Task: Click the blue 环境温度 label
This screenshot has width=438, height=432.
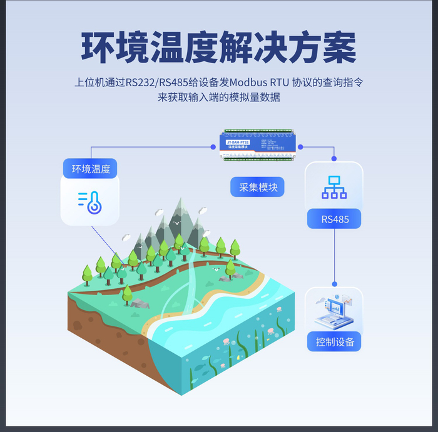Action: [91, 169]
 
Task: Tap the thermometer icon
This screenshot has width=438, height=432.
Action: [90, 202]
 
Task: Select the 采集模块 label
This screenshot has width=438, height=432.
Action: [258, 186]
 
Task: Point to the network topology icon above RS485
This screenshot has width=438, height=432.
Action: [334, 188]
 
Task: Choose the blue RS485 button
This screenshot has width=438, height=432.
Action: [334, 219]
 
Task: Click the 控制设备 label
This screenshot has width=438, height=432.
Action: [334, 342]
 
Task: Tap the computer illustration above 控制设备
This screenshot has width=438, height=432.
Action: [334, 311]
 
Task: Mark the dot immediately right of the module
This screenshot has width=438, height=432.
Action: [300, 148]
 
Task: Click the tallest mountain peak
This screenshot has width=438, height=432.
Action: [180, 203]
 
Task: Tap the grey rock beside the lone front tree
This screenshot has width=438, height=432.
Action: [141, 303]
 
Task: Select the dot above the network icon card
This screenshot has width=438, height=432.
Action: [334, 159]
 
